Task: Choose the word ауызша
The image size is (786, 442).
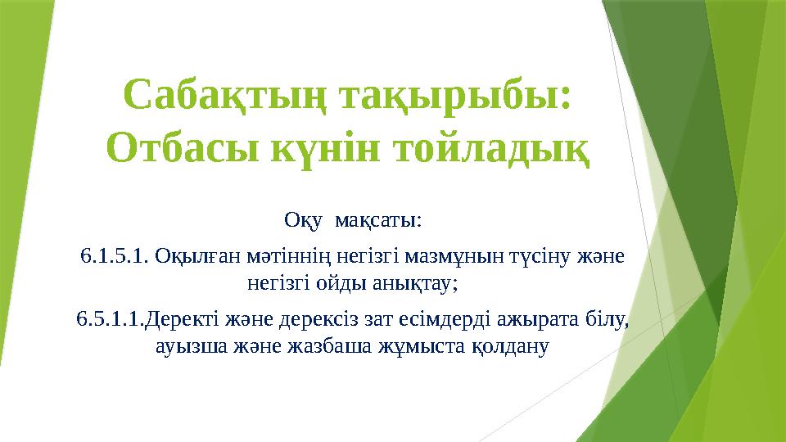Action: click(x=184, y=347)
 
